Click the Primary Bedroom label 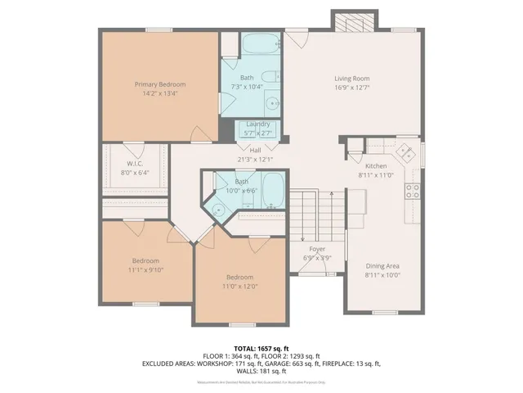click(160, 84)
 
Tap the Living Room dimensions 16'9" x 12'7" click(353, 89)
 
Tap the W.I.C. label click(135, 163)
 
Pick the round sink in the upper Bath click(272, 104)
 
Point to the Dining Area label click(382, 265)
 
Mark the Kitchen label click(375, 165)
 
